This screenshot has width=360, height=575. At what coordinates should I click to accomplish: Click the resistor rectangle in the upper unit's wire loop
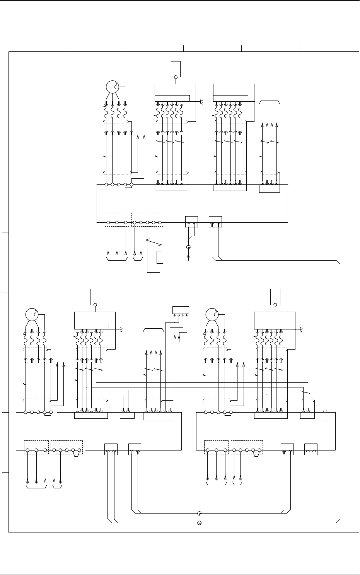(x=160, y=258)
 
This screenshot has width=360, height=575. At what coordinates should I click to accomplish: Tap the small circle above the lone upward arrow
(x=188, y=247)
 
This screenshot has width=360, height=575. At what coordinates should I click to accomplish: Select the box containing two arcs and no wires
(x=311, y=449)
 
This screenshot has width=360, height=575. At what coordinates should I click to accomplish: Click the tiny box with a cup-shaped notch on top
(x=325, y=416)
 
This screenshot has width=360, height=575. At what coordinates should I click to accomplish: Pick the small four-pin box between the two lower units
(x=181, y=310)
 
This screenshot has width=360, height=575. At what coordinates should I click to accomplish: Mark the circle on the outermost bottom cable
(x=199, y=523)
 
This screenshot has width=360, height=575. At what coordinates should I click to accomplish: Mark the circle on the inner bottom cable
(x=199, y=514)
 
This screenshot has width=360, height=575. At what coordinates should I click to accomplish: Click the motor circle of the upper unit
(x=112, y=87)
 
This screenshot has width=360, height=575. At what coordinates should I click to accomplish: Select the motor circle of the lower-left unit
(x=32, y=314)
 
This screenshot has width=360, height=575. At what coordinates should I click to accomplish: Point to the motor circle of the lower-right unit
(x=212, y=314)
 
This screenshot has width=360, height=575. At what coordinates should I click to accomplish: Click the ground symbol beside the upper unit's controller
(x=202, y=101)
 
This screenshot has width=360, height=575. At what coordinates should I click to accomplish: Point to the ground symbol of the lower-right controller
(x=302, y=329)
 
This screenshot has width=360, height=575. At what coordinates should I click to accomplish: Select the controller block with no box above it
(x=234, y=92)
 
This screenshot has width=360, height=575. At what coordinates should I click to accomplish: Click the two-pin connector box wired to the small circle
(x=191, y=222)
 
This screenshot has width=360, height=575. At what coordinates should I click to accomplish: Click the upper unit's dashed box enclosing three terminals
(x=117, y=219)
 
